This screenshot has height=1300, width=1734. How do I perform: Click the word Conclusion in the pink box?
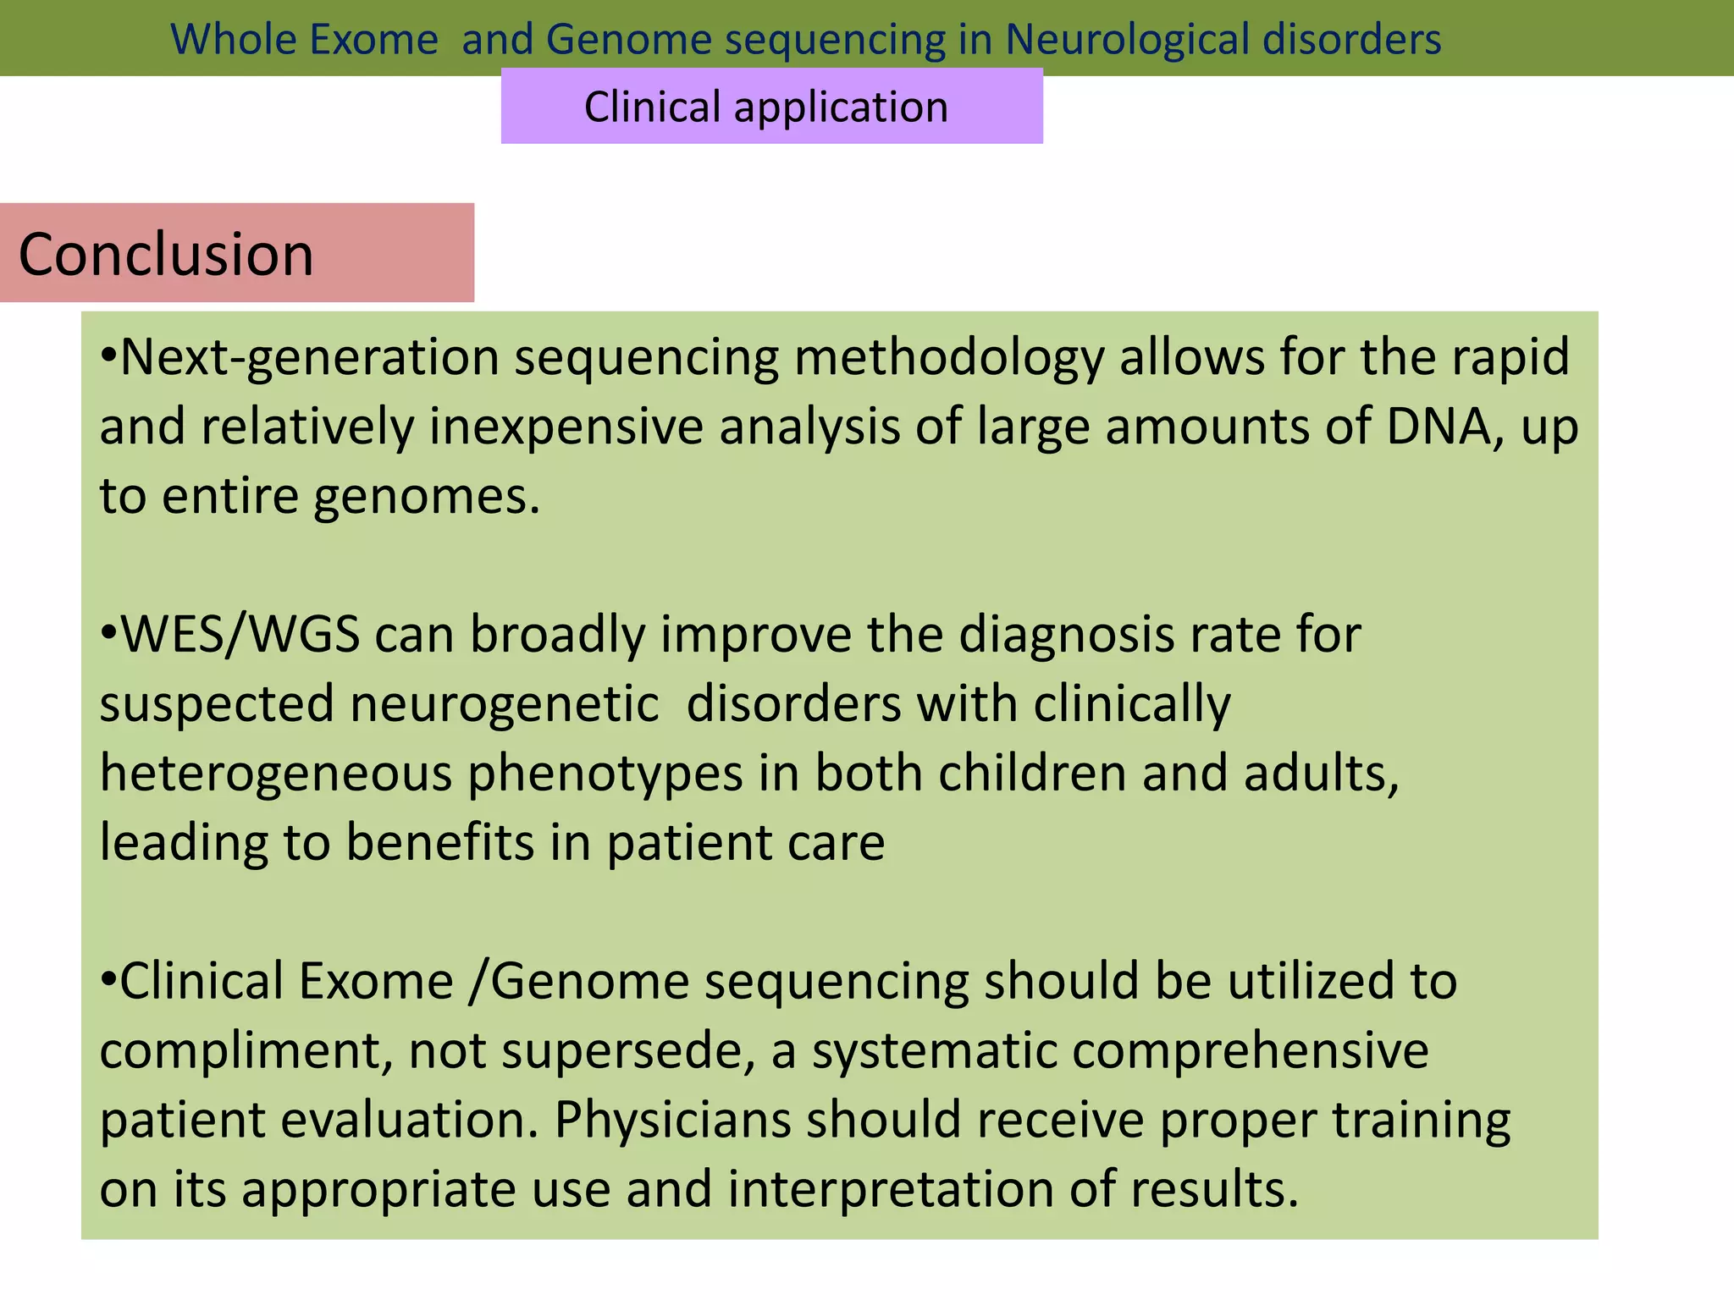(x=166, y=254)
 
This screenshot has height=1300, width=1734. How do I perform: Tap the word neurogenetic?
(x=505, y=704)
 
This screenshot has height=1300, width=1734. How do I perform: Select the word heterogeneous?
(x=276, y=774)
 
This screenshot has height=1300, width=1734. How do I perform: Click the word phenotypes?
(x=605, y=774)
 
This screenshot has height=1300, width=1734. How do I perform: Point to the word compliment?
(x=246, y=1051)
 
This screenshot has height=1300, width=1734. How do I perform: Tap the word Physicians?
(x=672, y=1120)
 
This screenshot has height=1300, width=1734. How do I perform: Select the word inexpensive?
(x=566, y=426)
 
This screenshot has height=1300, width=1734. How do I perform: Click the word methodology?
(x=948, y=358)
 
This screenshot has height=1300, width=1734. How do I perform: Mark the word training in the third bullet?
(x=1422, y=1120)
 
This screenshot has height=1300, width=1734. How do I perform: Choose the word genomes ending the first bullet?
(x=426, y=497)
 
